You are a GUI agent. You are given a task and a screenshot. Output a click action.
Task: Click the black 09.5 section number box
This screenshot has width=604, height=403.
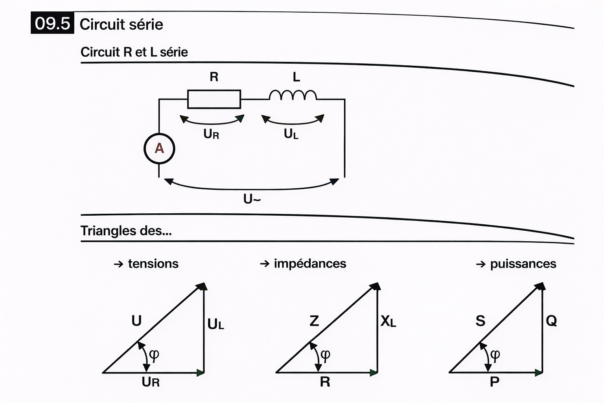click(52, 24)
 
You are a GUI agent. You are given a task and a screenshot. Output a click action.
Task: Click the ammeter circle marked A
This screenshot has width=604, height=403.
click(159, 148)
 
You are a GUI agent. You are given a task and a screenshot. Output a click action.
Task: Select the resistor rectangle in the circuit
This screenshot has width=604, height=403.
click(214, 99)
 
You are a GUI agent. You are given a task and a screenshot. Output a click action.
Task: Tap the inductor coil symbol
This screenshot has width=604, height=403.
click(293, 96)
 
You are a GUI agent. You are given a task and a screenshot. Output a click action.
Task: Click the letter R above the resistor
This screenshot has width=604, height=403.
click(214, 77)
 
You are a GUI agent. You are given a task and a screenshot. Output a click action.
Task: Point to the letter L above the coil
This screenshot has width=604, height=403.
click(296, 77)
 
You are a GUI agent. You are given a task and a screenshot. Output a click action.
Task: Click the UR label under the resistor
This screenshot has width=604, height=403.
click(211, 134)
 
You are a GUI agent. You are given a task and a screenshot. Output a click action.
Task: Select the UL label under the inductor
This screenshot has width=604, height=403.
click(291, 134)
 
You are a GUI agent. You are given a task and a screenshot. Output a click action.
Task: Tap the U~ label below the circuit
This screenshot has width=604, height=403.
click(252, 199)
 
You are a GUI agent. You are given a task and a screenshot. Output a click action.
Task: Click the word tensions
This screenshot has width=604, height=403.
click(153, 264)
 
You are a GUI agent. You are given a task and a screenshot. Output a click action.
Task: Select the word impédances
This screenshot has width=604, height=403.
click(310, 264)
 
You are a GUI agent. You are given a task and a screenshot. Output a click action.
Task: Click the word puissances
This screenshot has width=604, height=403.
click(523, 264)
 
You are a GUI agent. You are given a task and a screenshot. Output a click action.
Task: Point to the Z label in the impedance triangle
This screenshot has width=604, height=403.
click(314, 321)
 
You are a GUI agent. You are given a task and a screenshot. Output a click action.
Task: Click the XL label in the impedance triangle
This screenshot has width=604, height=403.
click(388, 322)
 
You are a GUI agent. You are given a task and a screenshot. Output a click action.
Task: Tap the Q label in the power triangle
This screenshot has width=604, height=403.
click(551, 321)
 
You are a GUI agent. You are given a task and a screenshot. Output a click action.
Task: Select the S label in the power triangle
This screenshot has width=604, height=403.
click(481, 321)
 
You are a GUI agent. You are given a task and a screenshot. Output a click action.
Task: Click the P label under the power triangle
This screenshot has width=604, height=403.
click(495, 381)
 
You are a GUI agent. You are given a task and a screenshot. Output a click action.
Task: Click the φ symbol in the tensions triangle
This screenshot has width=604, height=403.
click(154, 355)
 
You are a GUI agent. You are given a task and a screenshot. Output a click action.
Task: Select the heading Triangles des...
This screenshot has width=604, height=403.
click(126, 231)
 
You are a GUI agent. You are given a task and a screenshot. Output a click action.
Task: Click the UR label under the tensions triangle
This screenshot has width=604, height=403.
click(151, 382)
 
